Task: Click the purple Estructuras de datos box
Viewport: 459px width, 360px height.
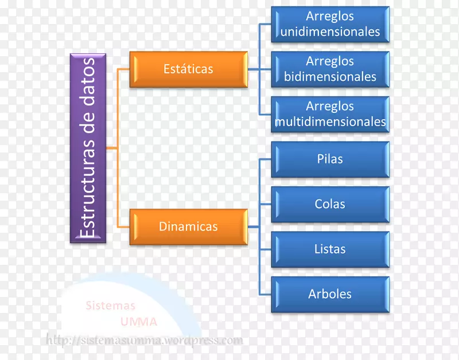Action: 88,148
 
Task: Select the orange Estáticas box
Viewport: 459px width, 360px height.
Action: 188,69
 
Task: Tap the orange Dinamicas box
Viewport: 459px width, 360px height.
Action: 188,226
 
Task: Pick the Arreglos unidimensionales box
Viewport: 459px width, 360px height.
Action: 330,24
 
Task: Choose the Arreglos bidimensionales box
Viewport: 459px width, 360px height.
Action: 330,69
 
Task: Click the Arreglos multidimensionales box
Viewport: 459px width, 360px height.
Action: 330,114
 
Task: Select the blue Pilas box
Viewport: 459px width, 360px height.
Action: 330,159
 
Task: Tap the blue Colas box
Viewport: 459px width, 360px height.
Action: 330,204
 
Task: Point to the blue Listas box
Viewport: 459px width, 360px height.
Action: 330,249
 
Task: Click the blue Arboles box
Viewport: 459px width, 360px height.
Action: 330,294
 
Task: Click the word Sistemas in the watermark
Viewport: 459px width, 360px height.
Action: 111,306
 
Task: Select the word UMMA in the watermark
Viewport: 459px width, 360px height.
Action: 139,322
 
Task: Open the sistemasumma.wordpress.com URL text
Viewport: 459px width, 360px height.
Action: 145,340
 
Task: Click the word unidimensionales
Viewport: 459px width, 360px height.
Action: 330,32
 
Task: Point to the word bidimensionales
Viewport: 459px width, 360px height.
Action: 330,76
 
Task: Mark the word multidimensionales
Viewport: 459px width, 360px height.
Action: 330,122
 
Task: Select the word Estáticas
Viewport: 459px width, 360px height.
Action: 188,69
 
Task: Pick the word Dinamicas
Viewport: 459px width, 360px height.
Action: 188,226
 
